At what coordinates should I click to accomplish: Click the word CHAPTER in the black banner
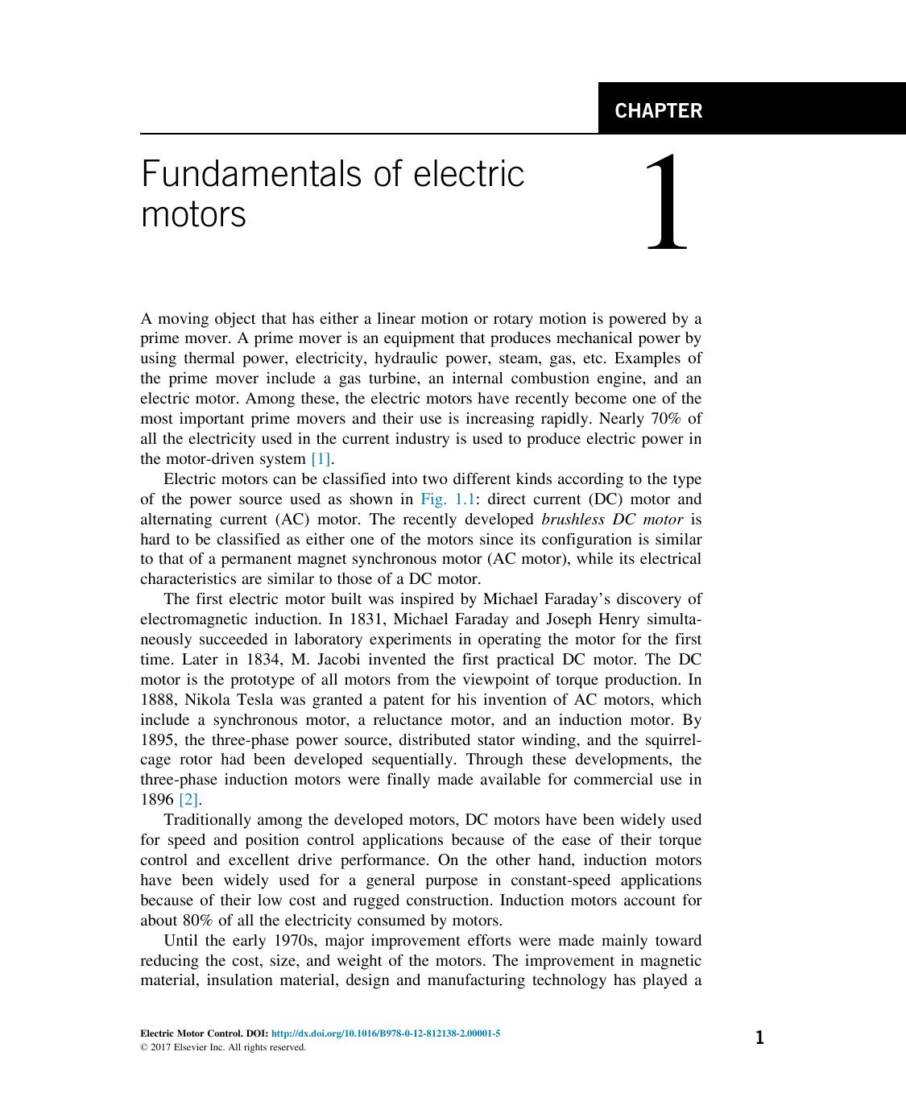[x=658, y=110]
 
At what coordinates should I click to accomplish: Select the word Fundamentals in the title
[x=247, y=174]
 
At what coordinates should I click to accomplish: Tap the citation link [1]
[x=321, y=459]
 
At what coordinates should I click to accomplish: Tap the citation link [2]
[x=188, y=799]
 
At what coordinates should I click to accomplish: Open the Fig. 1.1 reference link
[x=448, y=499]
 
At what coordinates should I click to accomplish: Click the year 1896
[x=157, y=799]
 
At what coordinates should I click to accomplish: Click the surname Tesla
[x=254, y=700]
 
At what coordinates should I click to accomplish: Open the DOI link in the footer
[x=386, y=1033]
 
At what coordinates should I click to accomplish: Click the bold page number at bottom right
[x=759, y=1037]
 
